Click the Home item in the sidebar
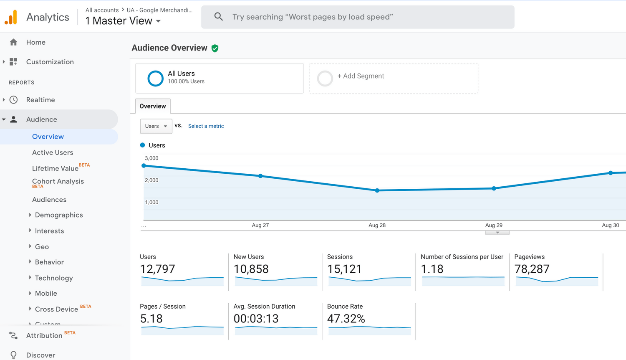(x=35, y=42)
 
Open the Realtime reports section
(x=40, y=100)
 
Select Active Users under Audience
(x=53, y=152)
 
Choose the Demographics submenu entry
(x=59, y=215)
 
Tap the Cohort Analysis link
(x=58, y=181)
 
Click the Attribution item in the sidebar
(x=44, y=335)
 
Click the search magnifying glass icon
(x=218, y=17)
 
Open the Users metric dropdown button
(x=156, y=126)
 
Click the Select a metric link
(x=206, y=126)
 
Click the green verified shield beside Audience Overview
(x=215, y=48)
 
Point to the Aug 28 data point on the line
(x=377, y=190)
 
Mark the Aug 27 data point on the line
(x=260, y=176)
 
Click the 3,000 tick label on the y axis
(x=151, y=158)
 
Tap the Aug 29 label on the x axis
(x=494, y=225)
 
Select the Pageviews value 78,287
(x=532, y=269)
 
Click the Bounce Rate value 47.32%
(x=346, y=319)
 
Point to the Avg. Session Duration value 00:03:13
(x=256, y=319)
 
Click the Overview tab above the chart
(x=153, y=106)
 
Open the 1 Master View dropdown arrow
(x=159, y=21)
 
